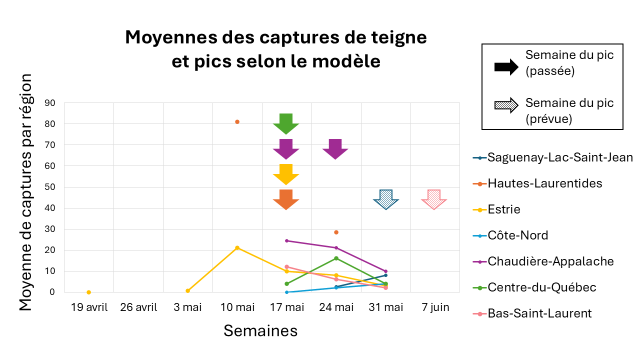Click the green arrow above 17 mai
tap(286, 123)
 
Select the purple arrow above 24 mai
tap(335, 148)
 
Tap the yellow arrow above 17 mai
tap(286, 174)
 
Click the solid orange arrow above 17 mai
tap(286, 199)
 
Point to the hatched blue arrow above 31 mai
tap(386, 199)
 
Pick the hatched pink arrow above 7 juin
tap(434, 199)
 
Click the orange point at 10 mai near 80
tap(237, 121)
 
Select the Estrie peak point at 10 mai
tap(237, 247)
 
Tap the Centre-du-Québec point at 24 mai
tap(336, 258)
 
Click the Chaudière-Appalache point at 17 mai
tap(286, 240)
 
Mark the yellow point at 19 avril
tap(88, 292)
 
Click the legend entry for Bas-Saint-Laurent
tap(539, 313)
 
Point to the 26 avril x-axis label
tap(138, 307)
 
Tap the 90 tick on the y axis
tap(50, 103)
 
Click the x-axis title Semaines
tap(260, 330)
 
